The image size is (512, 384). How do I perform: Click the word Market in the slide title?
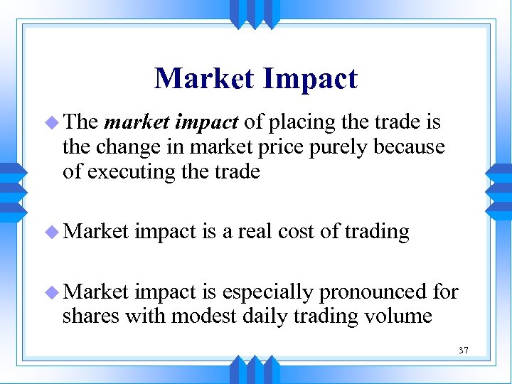pyautogui.click(x=203, y=78)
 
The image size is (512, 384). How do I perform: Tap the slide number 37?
pyautogui.click(x=464, y=351)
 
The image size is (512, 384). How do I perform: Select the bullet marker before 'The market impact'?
pyautogui.click(x=55, y=122)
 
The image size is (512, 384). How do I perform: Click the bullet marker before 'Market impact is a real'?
pyautogui.click(x=55, y=232)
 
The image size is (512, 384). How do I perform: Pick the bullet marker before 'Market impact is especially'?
pyautogui.click(x=55, y=292)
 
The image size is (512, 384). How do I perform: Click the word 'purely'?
pyautogui.click(x=337, y=148)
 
